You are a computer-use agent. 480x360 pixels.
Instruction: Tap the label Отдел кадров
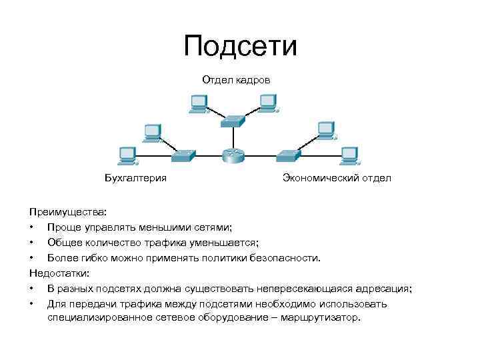(237, 80)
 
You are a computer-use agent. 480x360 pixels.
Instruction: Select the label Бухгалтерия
(135, 178)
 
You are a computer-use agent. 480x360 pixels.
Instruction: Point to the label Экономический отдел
(337, 178)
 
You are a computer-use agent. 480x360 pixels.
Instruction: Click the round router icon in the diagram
(233, 155)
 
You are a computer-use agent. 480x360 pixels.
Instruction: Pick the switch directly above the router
(234, 121)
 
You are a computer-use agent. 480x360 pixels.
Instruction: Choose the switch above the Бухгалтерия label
(183, 155)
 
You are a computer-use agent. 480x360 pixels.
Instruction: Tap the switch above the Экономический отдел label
(287, 155)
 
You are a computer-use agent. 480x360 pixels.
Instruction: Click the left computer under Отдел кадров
(199, 103)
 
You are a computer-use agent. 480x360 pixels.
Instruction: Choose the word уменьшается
(222, 243)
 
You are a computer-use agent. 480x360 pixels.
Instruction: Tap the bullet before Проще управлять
(31, 228)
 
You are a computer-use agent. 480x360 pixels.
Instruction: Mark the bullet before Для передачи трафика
(31, 304)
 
